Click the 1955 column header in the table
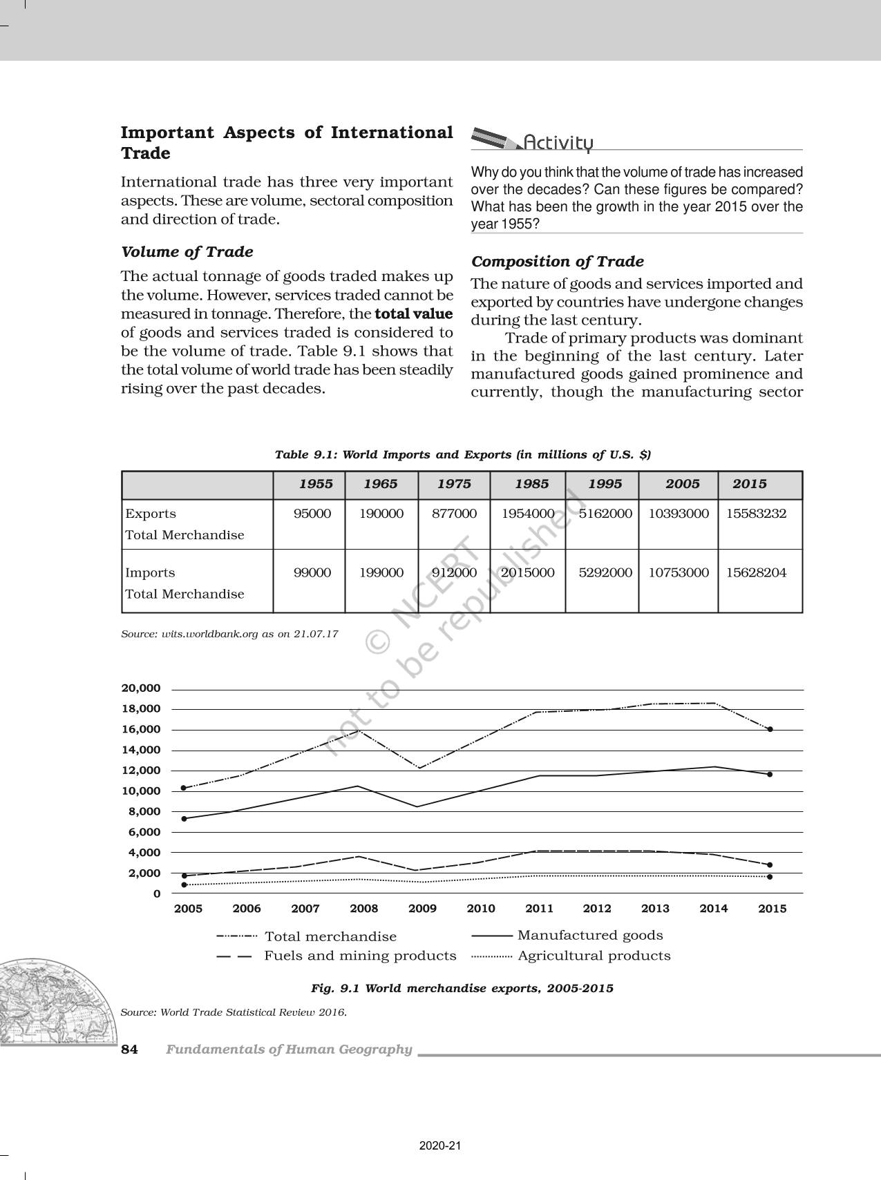[315, 484]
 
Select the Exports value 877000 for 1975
[454, 514]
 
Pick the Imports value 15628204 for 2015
[756, 572]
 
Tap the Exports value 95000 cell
[312, 514]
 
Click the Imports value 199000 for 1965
[381, 572]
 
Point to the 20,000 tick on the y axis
[141, 688]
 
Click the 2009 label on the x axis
[422, 909]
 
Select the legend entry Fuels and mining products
[359, 956]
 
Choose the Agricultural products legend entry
[594, 956]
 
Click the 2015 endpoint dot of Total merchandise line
[770, 729]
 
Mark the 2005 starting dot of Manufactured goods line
[183, 818]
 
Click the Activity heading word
[558, 143]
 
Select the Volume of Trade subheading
[187, 252]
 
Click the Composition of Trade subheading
[557, 262]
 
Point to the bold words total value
[413, 314]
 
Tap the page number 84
[129, 1050]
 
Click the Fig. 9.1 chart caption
[462, 988]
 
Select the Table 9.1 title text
[462, 454]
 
